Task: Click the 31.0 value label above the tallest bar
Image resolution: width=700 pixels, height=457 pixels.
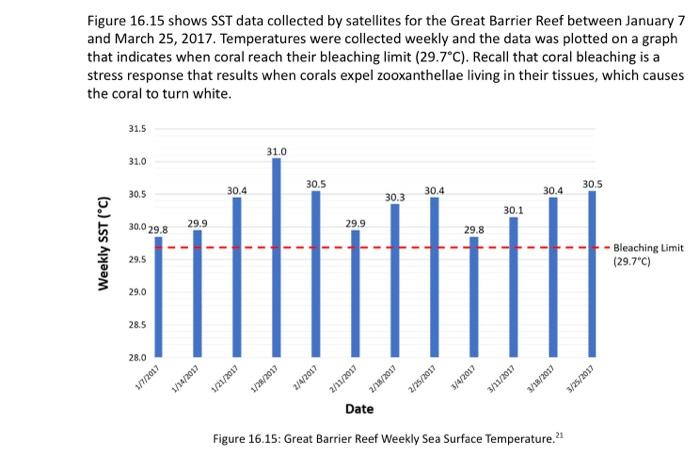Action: coord(276,150)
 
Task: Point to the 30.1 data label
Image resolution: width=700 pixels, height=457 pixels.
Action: coord(513,210)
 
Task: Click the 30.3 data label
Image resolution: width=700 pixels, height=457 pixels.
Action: coord(395,197)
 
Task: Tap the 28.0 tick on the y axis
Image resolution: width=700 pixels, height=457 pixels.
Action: coord(138,357)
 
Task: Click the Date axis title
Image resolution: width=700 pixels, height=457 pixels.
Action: coord(359,409)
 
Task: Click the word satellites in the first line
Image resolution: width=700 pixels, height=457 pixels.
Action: coord(331,22)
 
